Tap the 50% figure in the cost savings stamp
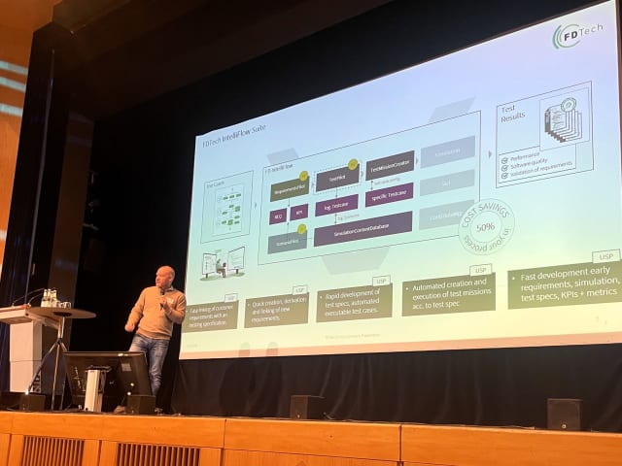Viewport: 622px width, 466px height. pyautogui.click(x=485, y=226)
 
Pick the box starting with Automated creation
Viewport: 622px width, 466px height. pyautogui.click(x=448, y=293)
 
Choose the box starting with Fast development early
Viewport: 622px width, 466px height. pyautogui.click(x=564, y=283)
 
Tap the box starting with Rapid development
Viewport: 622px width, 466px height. pyautogui.click(x=353, y=302)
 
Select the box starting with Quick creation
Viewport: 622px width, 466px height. pyautogui.click(x=276, y=309)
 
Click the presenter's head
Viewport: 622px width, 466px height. pyautogui.click(x=166, y=278)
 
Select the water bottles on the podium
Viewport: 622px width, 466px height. pyautogui.click(x=48, y=298)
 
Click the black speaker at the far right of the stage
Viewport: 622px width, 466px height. pyautogui.click(x=564, y=414)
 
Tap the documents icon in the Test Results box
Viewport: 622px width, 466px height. pyautogui.click(x=563, y=120)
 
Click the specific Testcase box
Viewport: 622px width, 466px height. pyautogui.click(x=389, y=195)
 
